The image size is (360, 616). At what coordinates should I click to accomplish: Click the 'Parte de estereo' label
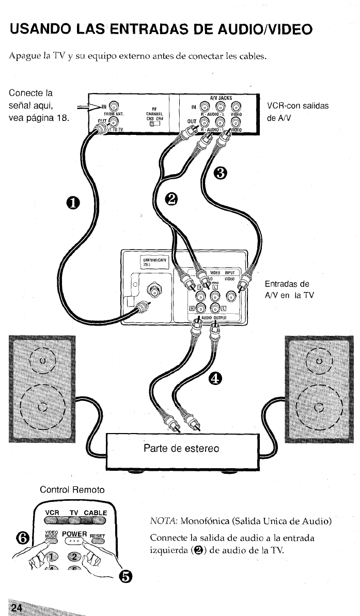click(x=181, y=448)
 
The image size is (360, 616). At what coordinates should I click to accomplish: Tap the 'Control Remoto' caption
click(x=72, y=489)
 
